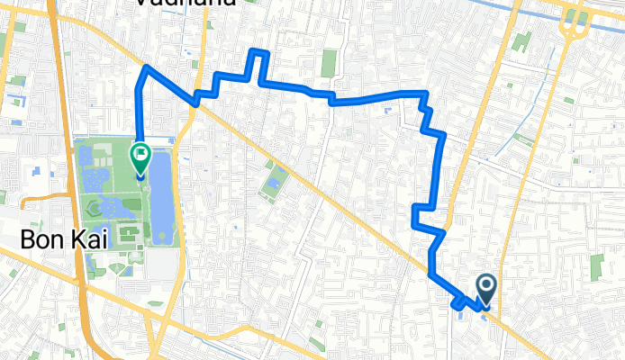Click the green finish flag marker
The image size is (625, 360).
click(x=141, y=157)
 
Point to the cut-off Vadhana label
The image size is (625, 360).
click(x=186, y=4)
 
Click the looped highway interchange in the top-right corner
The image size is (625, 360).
click(x=573, y=22)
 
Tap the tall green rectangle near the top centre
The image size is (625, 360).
click(x=329, y=62)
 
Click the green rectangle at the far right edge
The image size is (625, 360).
click(x=597, y=266)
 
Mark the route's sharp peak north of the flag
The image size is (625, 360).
click(x=146, y=67)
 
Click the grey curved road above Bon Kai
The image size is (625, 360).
click(x=36, y=193)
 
